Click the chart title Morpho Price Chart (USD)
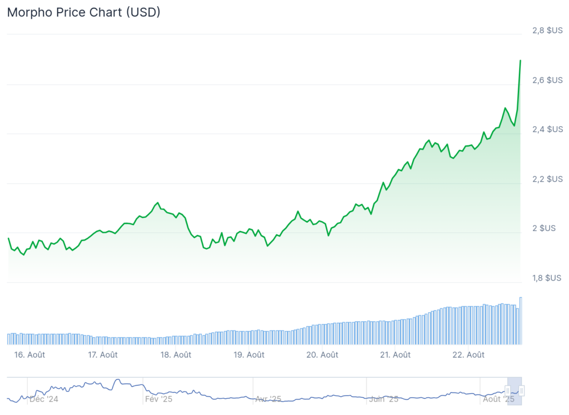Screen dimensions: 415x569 pos(83,12)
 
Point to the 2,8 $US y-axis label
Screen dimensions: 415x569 pos(547,31)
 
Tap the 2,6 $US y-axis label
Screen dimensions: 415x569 pos(547,80)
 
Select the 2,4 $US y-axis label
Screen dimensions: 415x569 pos(547,129)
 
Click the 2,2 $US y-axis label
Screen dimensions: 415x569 pos(547,179)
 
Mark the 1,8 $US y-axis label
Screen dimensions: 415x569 pos(547,278)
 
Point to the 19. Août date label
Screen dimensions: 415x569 pos(248,354)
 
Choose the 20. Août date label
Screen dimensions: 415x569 pos(322,354)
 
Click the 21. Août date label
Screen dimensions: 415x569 pos(394,354)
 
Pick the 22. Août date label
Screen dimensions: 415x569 pos(467,354)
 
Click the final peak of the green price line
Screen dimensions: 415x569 pos(520,60)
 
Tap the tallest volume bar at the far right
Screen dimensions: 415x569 pos(521,321)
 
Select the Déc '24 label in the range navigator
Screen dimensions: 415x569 pos(43,399)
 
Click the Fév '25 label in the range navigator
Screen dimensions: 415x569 pos(158,399)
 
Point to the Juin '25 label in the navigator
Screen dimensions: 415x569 pos(383,399)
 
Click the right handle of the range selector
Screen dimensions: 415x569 pos(522,391)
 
